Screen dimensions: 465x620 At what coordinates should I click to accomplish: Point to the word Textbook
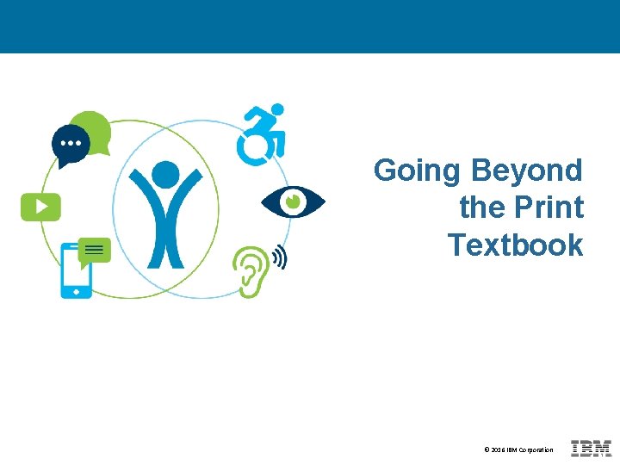click(515, 245)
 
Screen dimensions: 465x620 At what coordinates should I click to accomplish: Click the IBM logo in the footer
click(591, 449)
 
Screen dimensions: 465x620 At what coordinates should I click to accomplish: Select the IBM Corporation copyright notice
click(518, 449)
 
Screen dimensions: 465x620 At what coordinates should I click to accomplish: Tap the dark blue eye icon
click(293, 201)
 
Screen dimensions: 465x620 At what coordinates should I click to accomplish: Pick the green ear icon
click(251, 270)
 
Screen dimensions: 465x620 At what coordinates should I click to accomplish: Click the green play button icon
click(40, 207)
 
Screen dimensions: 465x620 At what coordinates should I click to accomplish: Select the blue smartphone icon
click(76, 271)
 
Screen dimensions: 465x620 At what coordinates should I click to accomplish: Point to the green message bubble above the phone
click(95, 251)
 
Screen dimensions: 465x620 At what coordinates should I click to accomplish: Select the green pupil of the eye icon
click(293, 201)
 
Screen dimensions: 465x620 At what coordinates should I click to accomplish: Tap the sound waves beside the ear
click(279, 256)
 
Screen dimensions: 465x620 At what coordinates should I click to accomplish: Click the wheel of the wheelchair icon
click(253, 148)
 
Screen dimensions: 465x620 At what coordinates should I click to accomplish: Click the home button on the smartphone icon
click(76, 292)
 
